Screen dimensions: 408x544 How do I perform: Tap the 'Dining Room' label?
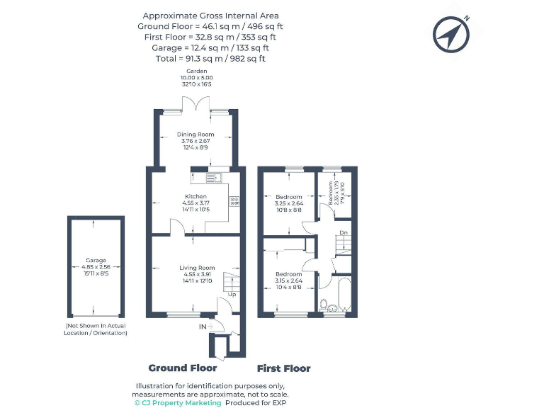195,135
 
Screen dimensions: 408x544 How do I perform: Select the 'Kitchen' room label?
195,196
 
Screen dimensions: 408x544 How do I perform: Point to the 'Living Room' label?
196,268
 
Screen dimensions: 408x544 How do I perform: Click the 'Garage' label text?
96,261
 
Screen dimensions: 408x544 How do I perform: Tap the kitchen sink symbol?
214,177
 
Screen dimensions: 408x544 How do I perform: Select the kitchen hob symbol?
233,201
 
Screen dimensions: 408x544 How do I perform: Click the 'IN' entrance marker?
203,327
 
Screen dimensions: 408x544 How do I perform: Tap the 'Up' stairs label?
232,293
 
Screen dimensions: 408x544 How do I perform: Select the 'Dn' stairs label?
343,232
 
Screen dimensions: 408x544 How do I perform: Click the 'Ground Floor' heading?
182,368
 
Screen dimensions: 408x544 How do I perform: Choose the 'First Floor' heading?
283,368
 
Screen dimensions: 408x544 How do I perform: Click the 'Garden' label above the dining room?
195,72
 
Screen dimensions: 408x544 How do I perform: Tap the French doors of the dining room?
195,106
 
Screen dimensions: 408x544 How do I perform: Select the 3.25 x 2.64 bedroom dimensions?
289,203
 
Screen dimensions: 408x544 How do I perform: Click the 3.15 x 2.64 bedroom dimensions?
288,280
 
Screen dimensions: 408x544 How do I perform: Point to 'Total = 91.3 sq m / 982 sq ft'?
210,59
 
